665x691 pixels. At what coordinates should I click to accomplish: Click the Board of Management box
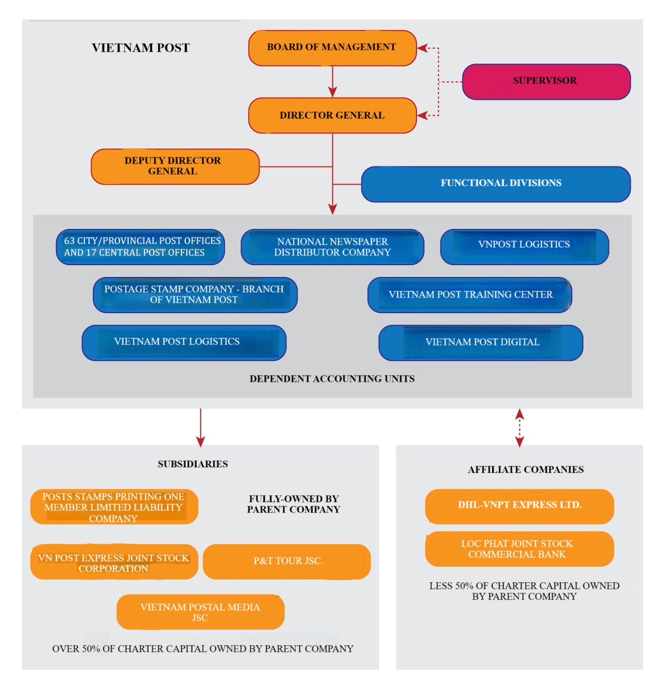(x=332, y=48)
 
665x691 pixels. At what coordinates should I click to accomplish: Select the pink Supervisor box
(x=546, y=82)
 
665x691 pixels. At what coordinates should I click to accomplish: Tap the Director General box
(x=332, y=115)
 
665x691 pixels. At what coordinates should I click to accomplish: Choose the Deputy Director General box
(x=175, y=166)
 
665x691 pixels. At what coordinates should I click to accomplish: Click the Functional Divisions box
(x=496, y=184)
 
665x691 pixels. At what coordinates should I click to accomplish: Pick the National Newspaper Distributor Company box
(x=332, y=247)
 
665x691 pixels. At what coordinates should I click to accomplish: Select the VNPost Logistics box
(x=524, y=247)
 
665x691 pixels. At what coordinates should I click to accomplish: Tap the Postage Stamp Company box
(x=195, y=295)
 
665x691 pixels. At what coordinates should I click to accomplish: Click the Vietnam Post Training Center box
(x=469, y=295)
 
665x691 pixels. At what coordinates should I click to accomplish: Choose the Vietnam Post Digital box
(x=480, y=343)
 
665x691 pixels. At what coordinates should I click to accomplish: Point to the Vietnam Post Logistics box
(x=184, y=343)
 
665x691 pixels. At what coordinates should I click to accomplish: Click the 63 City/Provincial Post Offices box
(x=140, y=247)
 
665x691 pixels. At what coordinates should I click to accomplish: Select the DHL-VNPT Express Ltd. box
(x=519, y=506)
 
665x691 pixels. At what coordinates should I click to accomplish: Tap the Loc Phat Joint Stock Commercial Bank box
(x=519, y=549)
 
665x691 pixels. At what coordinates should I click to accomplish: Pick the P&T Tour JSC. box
(x=286, y=561)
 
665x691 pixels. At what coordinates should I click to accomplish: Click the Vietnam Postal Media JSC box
(x=200, y=612)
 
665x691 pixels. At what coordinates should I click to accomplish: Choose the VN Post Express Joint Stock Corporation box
(x=114, y=561)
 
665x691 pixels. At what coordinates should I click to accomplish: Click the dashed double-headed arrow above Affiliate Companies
(x=519, y=427)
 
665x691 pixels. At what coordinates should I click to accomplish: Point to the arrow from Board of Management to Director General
(x=332, y=82)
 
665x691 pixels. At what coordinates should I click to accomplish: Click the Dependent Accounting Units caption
(x=332, y=378)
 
